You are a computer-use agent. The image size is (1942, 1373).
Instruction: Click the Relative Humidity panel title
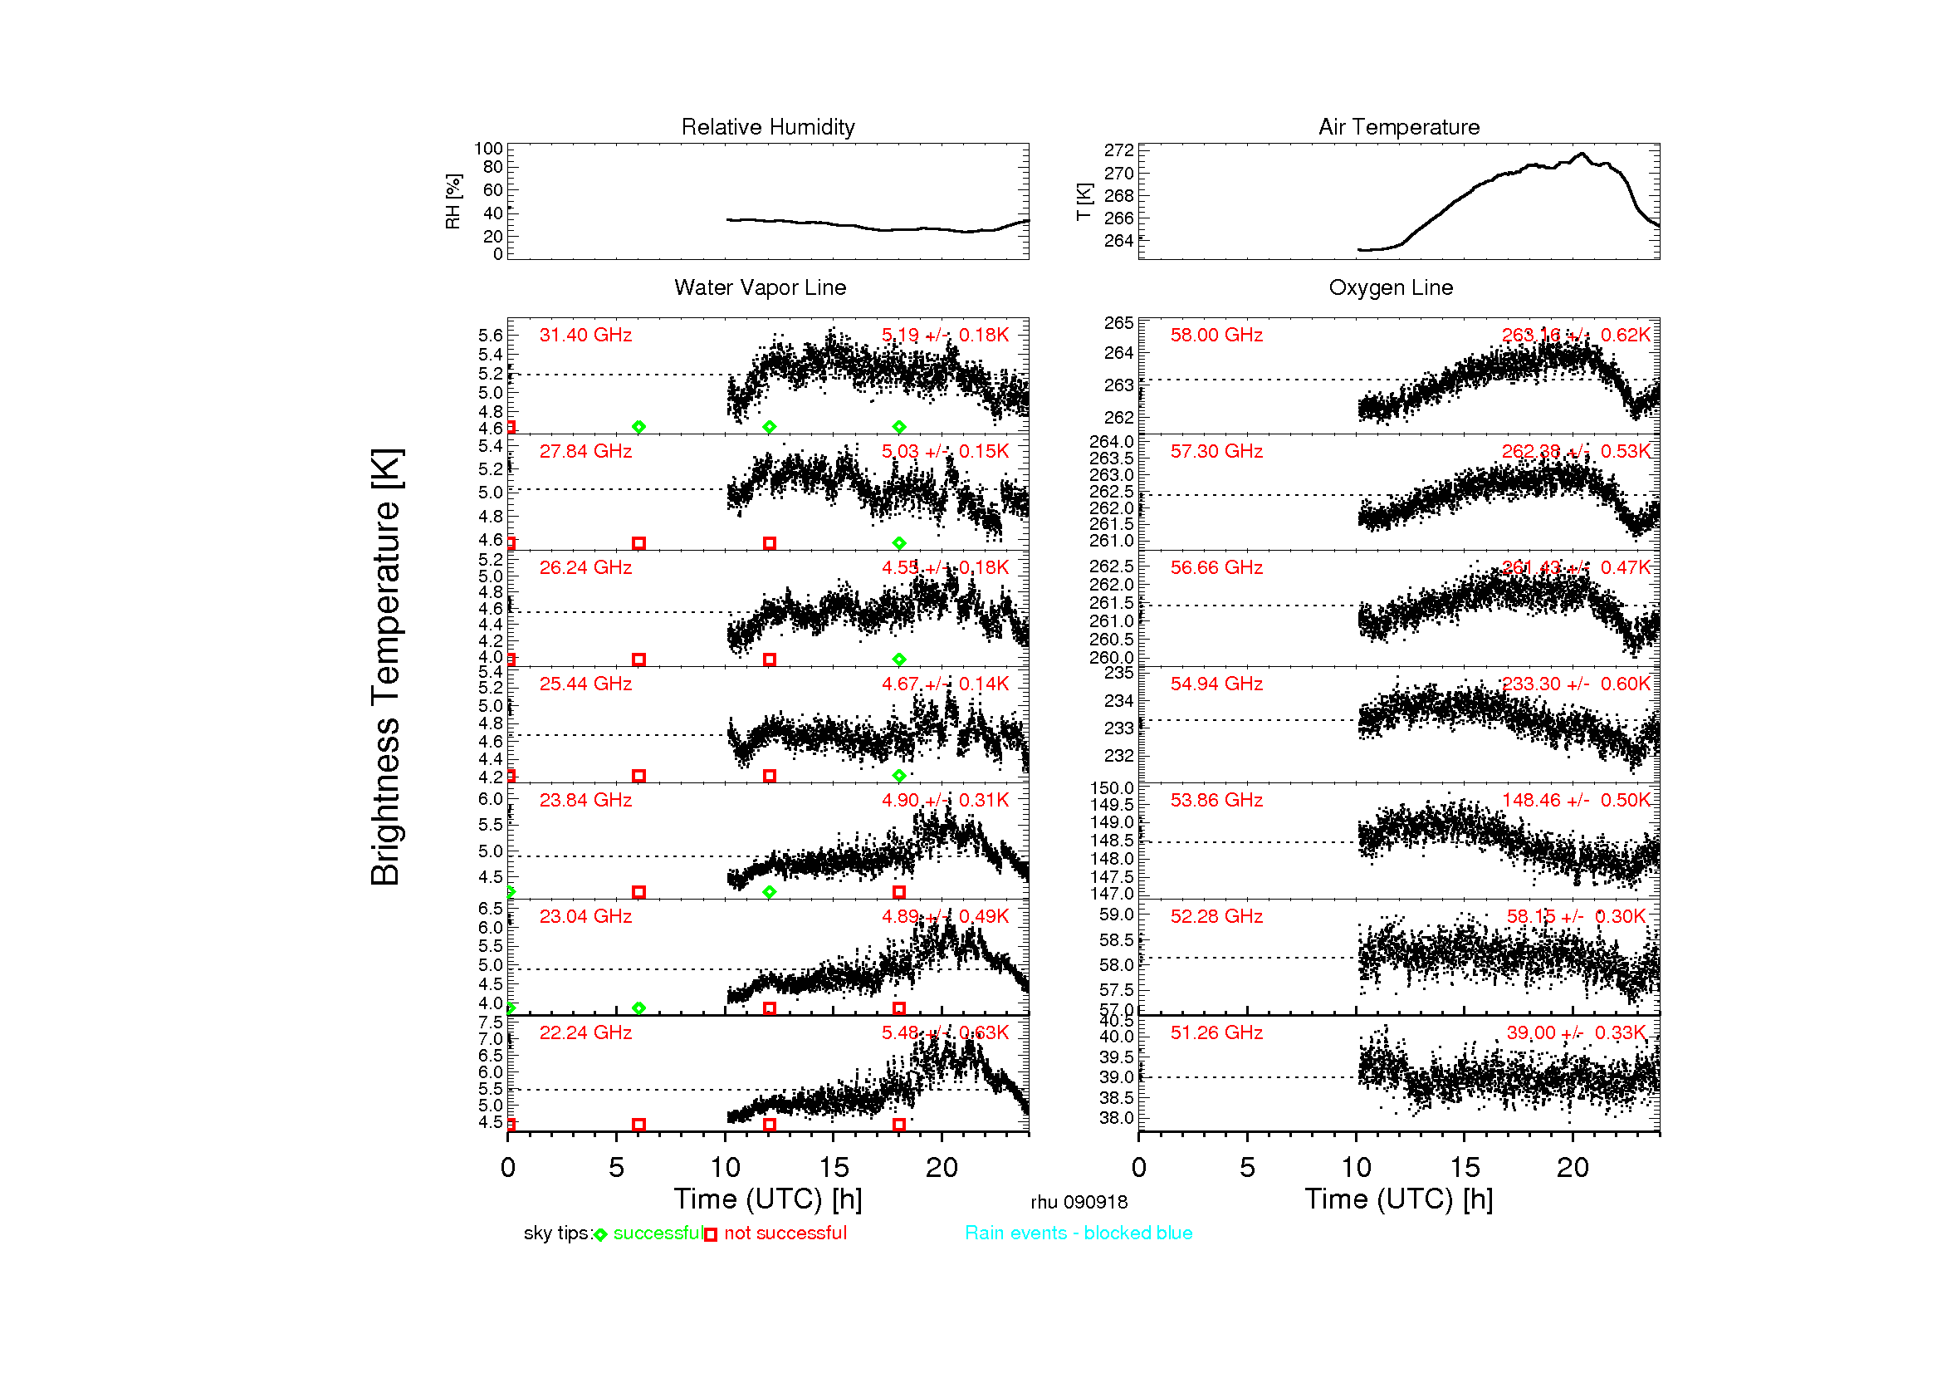point(767,127)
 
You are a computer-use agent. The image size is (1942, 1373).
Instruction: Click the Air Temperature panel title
point(1398,127)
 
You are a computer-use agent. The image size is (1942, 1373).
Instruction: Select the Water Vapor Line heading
point(760,287)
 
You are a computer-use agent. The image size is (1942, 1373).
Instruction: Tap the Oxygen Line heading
point(1390,287)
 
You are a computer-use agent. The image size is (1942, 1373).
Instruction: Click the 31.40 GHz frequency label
point(585,335)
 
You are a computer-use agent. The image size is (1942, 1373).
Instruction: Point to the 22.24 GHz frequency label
point(585,1032)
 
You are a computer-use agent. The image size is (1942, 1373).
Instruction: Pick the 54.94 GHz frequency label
point(1216,684)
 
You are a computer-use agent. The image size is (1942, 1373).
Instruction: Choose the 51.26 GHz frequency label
point(1216,1032)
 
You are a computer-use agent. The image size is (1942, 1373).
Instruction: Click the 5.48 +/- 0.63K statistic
point(945,1032)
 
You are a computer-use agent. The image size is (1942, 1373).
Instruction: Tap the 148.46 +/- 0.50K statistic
point(1575,799)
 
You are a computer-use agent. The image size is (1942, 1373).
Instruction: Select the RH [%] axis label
point(453,201)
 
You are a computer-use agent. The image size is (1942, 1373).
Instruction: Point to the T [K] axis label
point(1084,201)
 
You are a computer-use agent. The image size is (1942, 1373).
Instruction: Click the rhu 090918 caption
point(1079,1201)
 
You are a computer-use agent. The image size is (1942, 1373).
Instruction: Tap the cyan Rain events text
point(1079,1233)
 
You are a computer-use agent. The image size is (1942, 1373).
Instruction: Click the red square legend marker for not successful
point(711,1234)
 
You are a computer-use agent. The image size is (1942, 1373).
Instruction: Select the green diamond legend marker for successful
point(600,1234)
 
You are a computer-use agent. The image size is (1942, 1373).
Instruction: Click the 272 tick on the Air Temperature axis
point(1118,150)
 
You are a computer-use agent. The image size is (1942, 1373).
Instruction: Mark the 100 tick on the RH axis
point(488,149)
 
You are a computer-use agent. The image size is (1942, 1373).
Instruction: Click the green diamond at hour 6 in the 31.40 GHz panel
point(638,426)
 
